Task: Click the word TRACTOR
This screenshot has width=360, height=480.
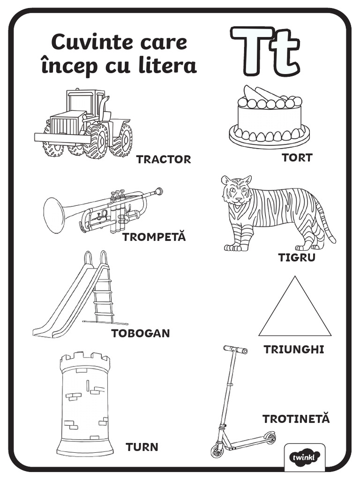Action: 164,159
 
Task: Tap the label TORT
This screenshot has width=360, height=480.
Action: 297,157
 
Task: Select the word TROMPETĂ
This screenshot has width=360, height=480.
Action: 154,237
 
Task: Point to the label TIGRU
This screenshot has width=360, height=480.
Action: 297,257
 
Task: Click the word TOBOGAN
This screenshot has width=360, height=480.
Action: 140,333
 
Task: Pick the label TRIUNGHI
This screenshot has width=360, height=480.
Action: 294,350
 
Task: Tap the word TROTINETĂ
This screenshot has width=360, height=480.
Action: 296,419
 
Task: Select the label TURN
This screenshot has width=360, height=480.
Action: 142,447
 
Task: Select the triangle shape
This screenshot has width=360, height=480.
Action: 295,312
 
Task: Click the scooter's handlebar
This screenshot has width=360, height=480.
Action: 235,350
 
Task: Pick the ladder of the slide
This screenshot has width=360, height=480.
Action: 103,295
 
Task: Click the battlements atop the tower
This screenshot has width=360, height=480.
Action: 85,360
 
